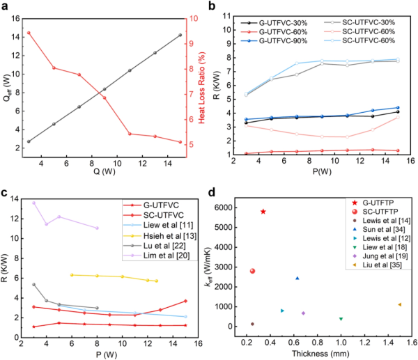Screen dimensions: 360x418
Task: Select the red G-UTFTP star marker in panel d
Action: point(263,212)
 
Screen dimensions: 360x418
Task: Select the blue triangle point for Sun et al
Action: point(297,279)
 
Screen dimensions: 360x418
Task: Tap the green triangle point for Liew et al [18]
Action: point(341,319)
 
